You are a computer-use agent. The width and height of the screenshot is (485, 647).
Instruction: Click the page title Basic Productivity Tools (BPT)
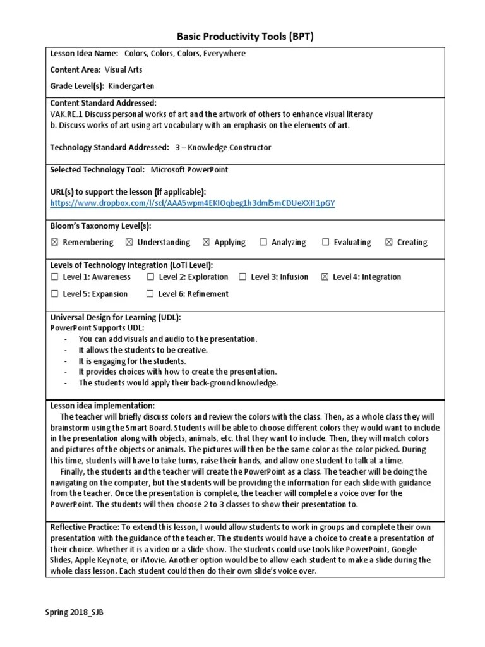[x=243, y=37]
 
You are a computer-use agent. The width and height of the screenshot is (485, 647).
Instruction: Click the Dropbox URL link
[x=193, y=203]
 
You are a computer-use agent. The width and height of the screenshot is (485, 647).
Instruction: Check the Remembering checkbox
[x=54, y=242]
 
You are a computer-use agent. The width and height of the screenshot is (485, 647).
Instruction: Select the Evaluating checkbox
[x=325, y=242]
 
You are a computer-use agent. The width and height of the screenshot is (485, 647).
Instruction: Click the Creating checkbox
[x=388, y=242]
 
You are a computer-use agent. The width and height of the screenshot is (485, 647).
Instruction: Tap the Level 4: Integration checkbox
[x=325, y=277]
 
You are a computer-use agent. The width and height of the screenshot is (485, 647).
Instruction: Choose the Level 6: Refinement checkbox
[x=150, y=294]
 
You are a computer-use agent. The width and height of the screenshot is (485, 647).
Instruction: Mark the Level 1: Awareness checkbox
[x=54, y=277]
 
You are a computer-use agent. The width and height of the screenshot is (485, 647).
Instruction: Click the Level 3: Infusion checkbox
[x=242, y=277]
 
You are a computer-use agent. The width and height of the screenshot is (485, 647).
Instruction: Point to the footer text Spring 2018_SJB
[x=74, y=612]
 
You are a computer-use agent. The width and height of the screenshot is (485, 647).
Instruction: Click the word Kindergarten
[x=131, y=86]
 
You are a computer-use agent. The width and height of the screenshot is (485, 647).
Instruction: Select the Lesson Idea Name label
[x=84, y=54]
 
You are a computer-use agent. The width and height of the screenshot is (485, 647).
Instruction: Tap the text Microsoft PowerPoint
[x=189, y=170]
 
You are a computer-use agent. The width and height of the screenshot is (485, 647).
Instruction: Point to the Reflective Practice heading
[x=84, y=526]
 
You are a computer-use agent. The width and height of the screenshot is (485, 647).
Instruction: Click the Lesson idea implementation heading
[x=102, y=406]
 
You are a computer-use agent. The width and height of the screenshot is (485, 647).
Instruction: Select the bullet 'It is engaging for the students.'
[x=132, y=361]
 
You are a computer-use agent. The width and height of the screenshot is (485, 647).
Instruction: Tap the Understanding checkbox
[x=129, y=242]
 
